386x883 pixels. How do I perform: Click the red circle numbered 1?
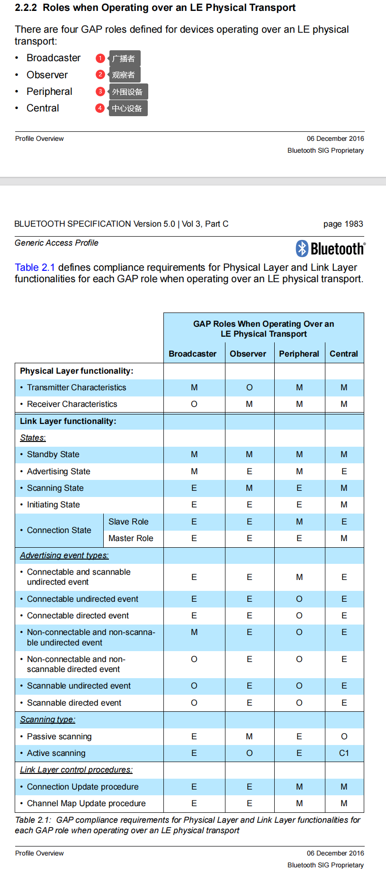100,58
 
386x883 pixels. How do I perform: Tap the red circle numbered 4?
100,108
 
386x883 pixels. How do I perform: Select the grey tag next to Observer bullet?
124,75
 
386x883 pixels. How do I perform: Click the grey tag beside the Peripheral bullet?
128,92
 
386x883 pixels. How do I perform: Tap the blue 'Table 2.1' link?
35,267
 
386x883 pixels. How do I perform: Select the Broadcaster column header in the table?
192,354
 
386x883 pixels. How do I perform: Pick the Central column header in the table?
344,354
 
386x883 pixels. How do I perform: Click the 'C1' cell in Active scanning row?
344,753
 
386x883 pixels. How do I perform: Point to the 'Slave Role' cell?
128,522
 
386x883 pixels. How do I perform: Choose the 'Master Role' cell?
131,538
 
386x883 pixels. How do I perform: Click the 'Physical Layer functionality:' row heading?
77,371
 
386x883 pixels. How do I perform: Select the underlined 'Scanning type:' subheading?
47,719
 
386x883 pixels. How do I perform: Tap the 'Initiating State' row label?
53,505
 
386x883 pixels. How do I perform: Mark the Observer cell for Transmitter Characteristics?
250,387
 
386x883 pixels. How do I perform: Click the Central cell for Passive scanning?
344,736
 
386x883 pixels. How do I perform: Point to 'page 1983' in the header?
343,224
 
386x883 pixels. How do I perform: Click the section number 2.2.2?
26,8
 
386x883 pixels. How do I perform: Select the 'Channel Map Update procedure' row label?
86,803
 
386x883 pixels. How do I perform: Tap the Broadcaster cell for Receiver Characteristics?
194,404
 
